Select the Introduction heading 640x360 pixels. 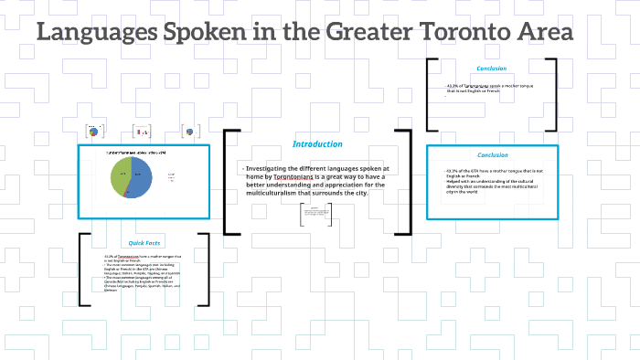(x=317, y=143)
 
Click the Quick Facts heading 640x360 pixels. (x=144, y=243)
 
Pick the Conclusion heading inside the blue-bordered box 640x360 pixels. (x=492, y=154)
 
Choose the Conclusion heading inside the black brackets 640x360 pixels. (x=492, y=68)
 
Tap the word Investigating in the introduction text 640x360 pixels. (x=273, y=169)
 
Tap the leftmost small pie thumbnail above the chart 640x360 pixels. (x=93, y=132)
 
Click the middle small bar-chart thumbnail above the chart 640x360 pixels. (x=141, y=132)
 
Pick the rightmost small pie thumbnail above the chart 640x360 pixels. (x=189, y=132)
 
